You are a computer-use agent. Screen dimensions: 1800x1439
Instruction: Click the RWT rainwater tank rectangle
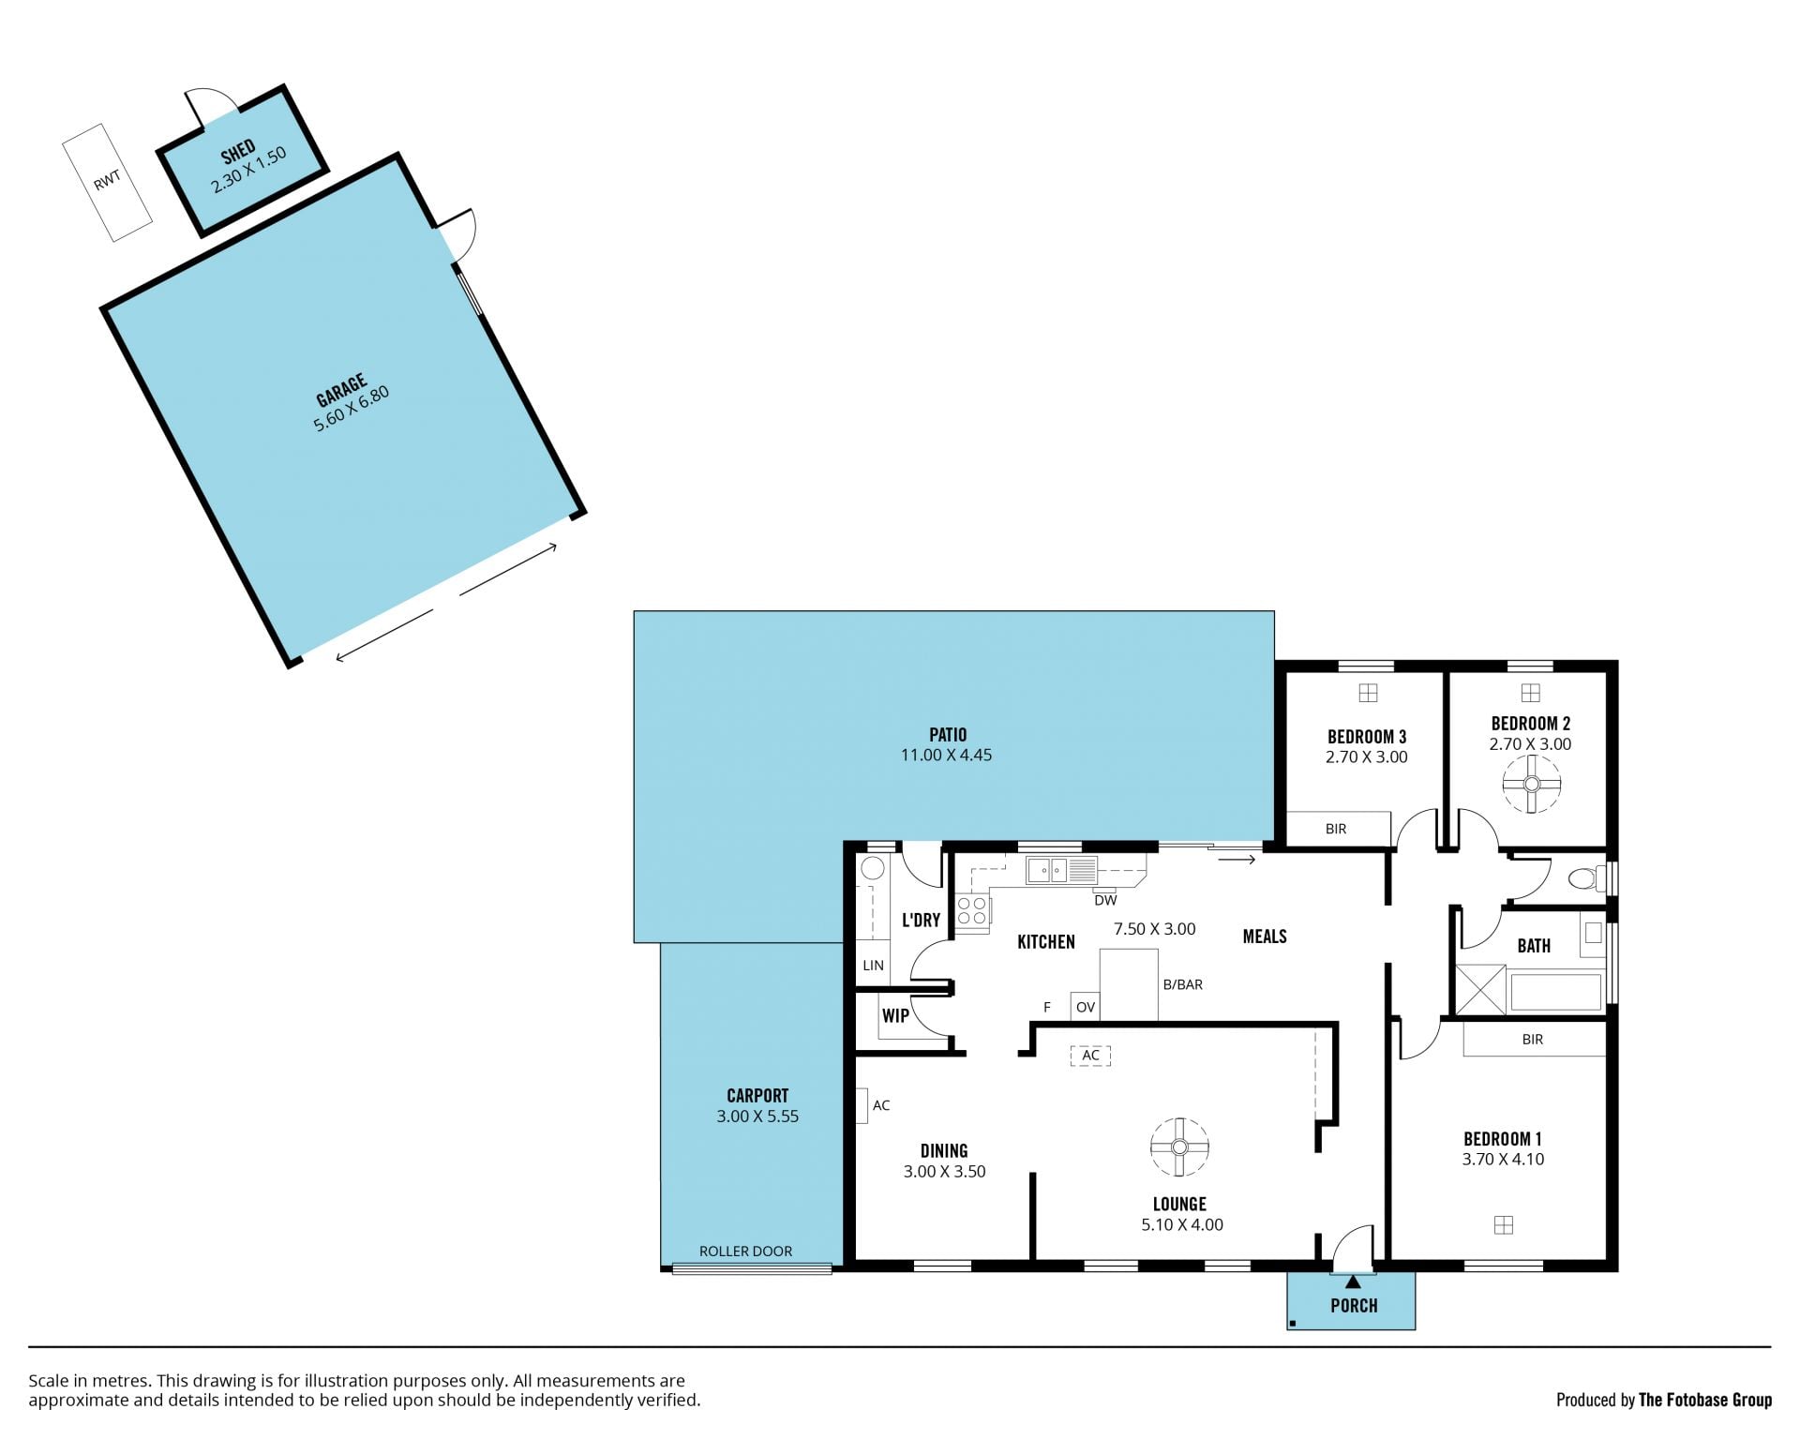(x=108, y=183)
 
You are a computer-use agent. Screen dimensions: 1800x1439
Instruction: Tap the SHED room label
(x=238, y=150)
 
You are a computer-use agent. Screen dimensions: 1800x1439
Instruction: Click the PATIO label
(x=948, y=735)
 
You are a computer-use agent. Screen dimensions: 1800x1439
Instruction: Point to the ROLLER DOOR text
(x=745, y=1251)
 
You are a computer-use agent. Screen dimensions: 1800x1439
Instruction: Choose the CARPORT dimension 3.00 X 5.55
(x=757, y=1117)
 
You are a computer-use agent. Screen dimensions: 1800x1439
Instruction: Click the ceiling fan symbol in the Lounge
(x=1179, y=1147)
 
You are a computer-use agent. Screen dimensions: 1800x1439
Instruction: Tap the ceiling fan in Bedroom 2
(x=1532, y=784)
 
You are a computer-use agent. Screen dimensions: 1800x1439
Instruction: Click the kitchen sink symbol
(x=1061, y=870)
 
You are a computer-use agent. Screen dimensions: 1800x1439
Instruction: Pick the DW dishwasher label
(x=1105, y=901)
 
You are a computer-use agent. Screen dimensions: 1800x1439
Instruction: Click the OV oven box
(x=1085, y=1007)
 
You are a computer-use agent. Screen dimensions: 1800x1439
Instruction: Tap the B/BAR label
(x=1182, y=984)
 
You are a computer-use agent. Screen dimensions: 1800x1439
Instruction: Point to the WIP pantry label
(x=895, y=1015)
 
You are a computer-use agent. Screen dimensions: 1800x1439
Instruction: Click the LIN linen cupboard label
(x=873, y=965)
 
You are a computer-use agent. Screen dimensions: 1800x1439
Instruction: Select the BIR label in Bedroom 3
(x=1336, y=829)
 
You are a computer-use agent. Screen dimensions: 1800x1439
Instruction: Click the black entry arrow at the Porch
(x=1352, y=1282)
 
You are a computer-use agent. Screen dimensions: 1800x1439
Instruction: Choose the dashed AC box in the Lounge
(x=1090, y=1056)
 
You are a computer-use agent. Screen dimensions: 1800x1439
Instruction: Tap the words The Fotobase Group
(x=1704, y=1400)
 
